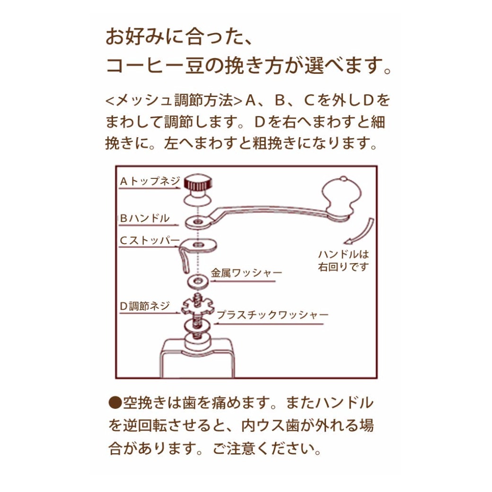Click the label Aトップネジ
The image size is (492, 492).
pos(150,181)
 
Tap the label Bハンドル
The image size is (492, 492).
pos(144,218)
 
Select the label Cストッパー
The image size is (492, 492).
pos(148,241)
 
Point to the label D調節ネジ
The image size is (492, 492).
pos(144,306)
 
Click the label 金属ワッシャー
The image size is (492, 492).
pos(246,273)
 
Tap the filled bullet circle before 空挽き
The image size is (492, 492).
pos(115,403)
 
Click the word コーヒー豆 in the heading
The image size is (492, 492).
pos(156,66)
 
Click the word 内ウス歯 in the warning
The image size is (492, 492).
pos(260,425)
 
